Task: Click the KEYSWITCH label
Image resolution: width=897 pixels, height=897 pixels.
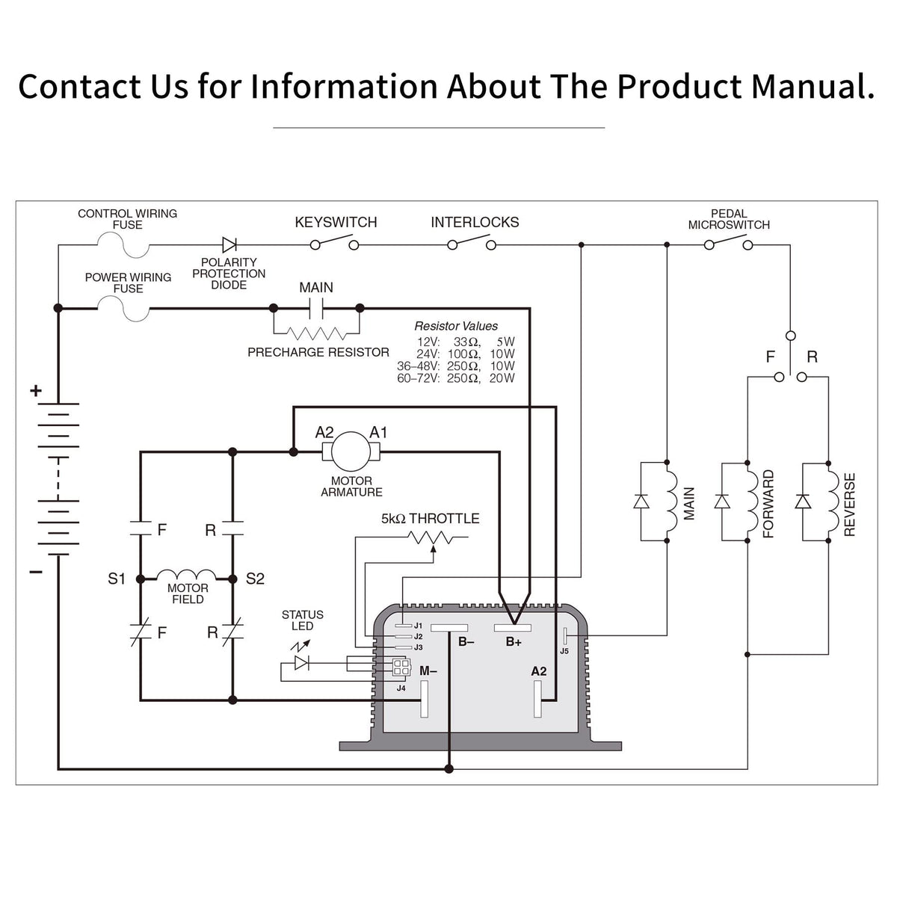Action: (x=336, y=223)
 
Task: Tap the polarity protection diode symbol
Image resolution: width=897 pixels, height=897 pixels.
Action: (x=229, y=245)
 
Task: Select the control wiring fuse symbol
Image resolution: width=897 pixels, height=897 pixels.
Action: (x=123, y=245)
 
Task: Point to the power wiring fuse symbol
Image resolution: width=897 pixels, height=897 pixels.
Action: (x=123, y=308)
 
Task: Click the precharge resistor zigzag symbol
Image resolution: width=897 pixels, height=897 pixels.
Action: (x=316, y=333)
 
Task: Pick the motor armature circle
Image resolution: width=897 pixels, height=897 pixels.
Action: (x=351, y=451)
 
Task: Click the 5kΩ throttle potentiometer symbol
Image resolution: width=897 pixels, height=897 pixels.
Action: (x=431, y=537)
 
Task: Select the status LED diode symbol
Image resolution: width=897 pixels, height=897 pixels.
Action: (x=302, y=663)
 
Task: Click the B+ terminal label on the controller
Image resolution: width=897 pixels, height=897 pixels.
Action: (x=514, y=642)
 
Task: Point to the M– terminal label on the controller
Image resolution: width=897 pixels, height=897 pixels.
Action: (x=428, y=671)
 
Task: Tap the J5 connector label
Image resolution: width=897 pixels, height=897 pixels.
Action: (x=564, y=651)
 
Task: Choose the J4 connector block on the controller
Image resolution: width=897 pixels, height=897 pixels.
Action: (x=401, y=667)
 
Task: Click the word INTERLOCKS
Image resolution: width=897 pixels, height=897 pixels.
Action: (x=475, y=223)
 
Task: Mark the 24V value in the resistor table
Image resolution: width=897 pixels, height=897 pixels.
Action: (x=428, y=354)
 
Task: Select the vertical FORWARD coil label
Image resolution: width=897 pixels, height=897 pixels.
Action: (x=768, y=504)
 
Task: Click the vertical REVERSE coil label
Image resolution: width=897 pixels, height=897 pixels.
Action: (x=849, y=505)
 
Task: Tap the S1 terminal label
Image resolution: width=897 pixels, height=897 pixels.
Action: (x=117, y=579)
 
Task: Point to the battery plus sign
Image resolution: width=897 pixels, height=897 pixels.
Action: (x=36, y=391)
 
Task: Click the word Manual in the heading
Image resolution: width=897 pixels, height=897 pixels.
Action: (x=813, y=87)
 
